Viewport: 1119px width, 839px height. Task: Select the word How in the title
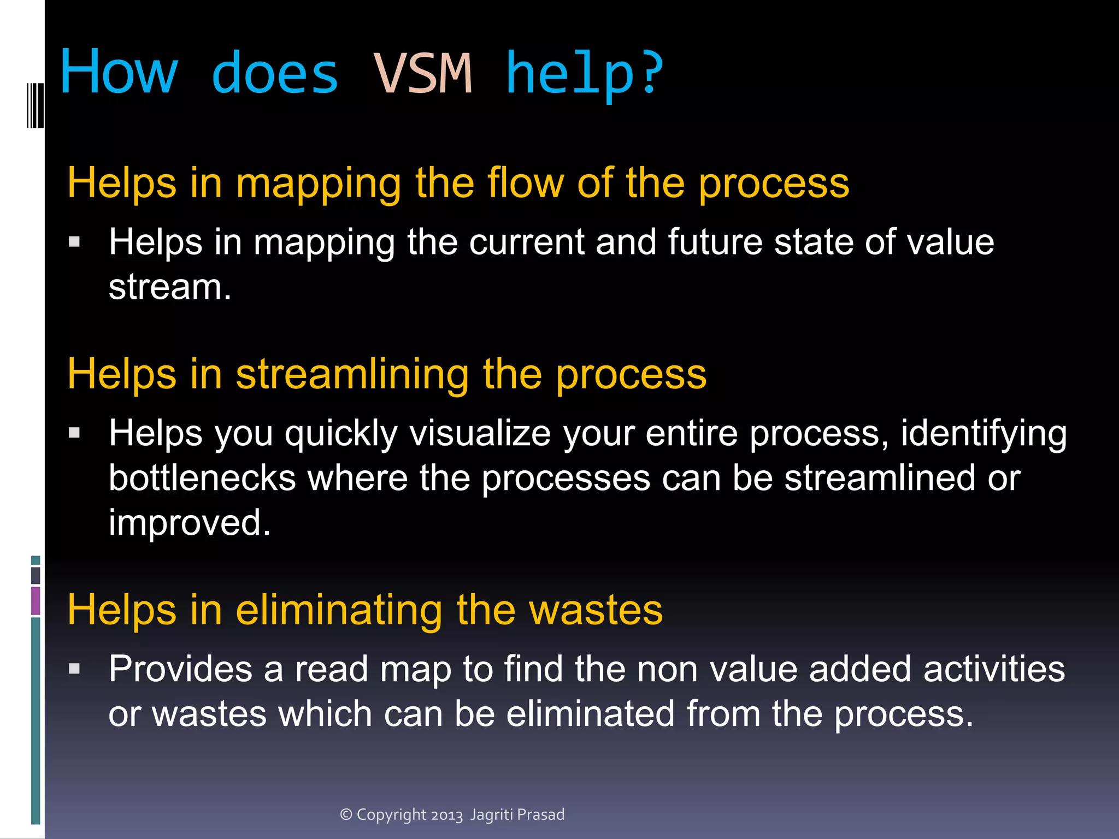point(119,72)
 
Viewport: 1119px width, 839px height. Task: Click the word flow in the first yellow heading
point(525,183)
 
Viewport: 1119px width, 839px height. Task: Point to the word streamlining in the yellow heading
point(352,375)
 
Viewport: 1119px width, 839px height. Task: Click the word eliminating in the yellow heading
point(339,610)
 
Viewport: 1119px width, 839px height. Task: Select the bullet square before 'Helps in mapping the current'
point(75,241)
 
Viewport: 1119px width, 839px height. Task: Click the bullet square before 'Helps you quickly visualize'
point(75,433)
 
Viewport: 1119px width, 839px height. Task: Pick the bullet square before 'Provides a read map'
point(75,669)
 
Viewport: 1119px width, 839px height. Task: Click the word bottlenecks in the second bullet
point(202,478)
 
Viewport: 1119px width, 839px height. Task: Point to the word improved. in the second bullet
point(190,523)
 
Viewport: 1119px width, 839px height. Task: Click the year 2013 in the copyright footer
point(446,815)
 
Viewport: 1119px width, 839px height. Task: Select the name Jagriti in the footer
point(491,815)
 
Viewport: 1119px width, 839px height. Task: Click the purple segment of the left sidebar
point(36,600)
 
